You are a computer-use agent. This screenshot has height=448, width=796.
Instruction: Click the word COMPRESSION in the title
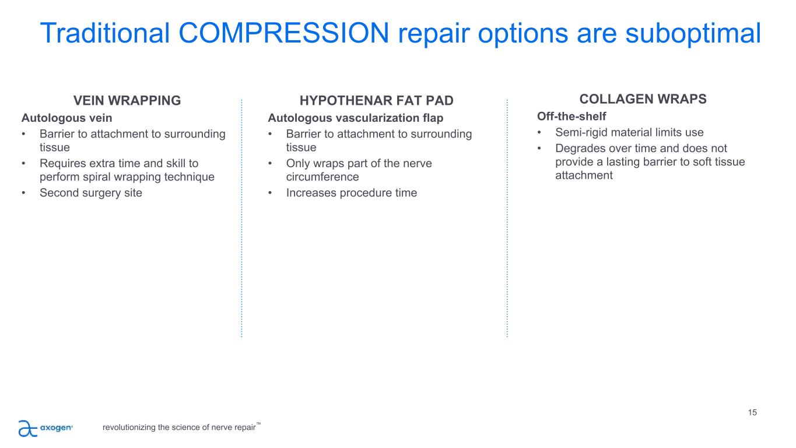click(x=283, y=33)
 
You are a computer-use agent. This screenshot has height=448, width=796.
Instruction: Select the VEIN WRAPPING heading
click(x=127, y=100)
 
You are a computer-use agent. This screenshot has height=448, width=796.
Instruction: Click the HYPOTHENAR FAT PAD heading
click(x=376, y=100)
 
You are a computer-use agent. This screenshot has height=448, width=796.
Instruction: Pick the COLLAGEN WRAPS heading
click(x=643, y=99)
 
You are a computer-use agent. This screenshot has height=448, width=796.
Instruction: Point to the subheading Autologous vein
click(x=67, y=118)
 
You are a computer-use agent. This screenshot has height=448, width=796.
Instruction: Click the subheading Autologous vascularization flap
click(x=355, y=118)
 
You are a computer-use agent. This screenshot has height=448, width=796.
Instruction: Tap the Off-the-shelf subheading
click(x=571, y=116)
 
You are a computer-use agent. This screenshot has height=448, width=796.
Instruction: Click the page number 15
click(x=752, y=412)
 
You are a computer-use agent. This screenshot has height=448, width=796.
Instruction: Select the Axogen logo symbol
click(x=27, y=428)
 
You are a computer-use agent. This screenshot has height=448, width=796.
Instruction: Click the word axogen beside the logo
click(x=56, y=428)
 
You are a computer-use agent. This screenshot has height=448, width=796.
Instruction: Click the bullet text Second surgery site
click(x=91, y=193)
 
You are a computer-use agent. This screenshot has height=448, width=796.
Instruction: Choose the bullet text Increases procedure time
click(x=352, y=193)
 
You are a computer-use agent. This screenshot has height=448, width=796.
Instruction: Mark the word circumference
click(x=322, y=177)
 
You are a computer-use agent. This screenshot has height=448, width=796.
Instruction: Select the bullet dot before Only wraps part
click(x=270, y=163)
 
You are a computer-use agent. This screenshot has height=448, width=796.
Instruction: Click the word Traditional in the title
click(x=105, y=33)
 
